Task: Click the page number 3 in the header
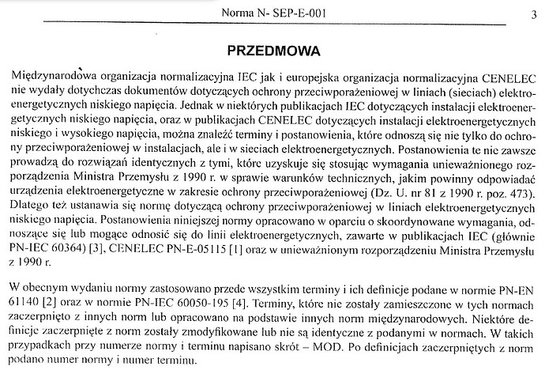pyautogui.click(x=534, y=13)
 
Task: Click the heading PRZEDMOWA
pyautogui.click(x=273, y=51)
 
